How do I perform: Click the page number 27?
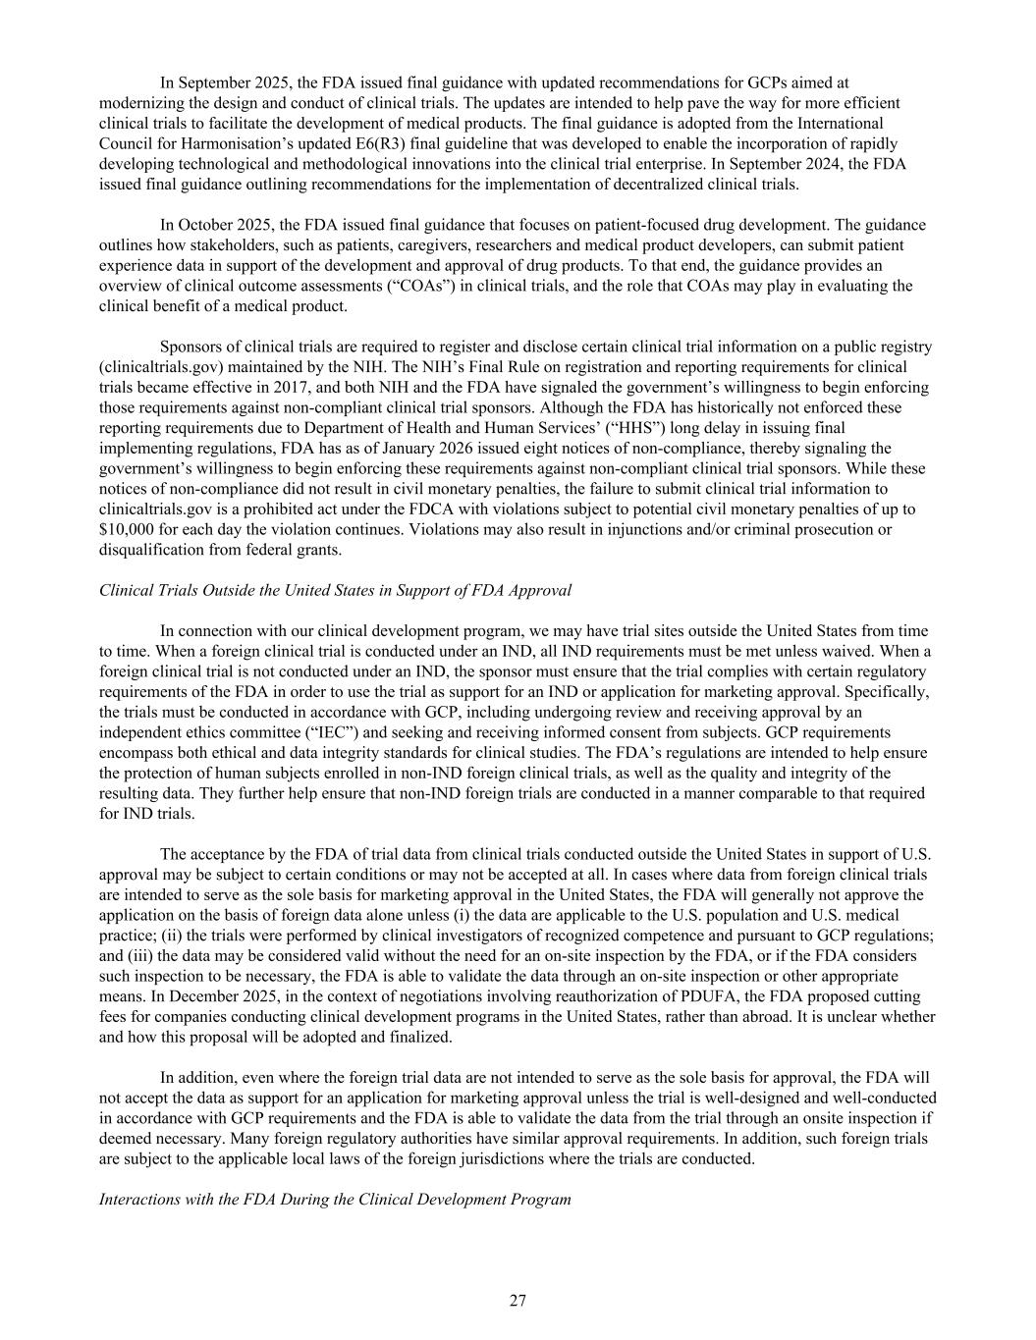click(518, 1302)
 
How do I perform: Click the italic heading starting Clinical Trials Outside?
click(335, 590)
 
